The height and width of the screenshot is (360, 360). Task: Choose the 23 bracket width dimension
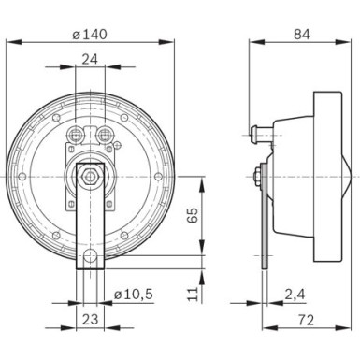pyautogui.click(x=89, y=319)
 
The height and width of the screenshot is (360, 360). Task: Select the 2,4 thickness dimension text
pyautogui.click(x=293, y=295)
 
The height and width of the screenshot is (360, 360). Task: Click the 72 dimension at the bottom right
pyautogui.click(x=305, y=319)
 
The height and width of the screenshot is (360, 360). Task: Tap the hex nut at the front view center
pyautogui.click(x=89, y=175)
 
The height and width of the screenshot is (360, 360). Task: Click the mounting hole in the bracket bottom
pyautogui.click(x=89, y=258)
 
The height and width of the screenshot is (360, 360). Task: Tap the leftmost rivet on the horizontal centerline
pyautogui.click(x=22, y=176)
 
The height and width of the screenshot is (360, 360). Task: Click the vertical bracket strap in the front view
pyautogui.click(x=89, y=224)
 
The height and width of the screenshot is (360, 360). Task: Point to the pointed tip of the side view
pyautogui.click(x=349, y=175)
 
